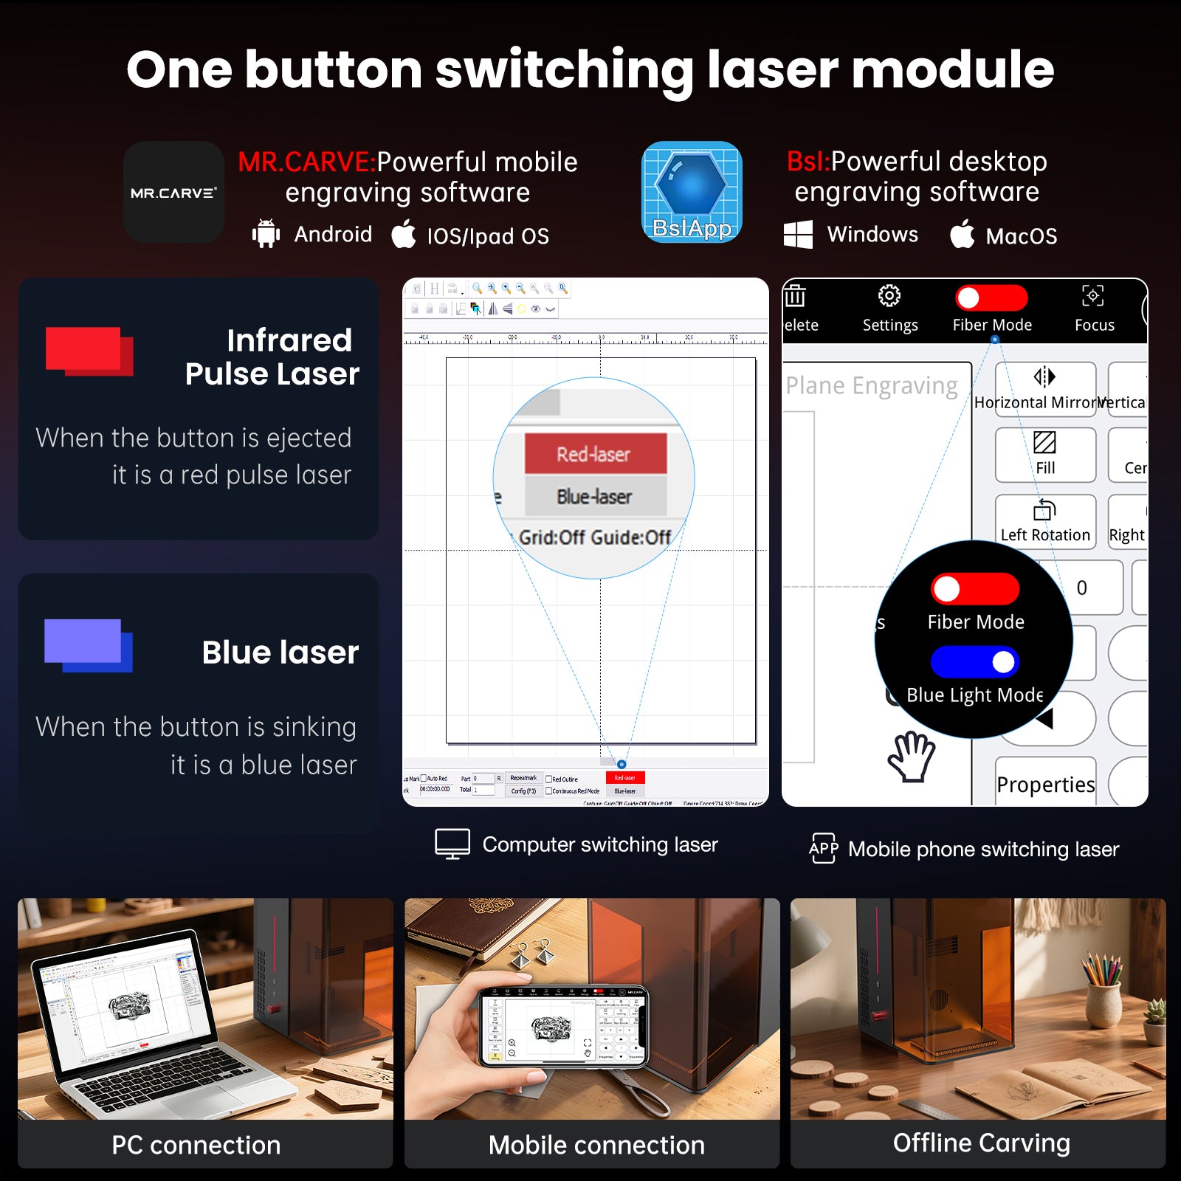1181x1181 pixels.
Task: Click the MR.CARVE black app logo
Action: click(x=173, y=193)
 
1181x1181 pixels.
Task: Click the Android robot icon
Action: click(x=266, y=234)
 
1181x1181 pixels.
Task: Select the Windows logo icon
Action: click(x=798, y=235)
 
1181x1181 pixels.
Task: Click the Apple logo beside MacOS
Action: click(x=962, y=234)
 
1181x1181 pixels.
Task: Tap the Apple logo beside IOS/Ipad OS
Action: click(x=403, y=234)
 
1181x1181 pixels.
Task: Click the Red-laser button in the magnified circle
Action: click(x=595, y=453)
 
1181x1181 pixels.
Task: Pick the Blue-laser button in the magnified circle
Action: click(x=595, y=496)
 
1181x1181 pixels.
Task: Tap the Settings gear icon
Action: click(x=889, y=296)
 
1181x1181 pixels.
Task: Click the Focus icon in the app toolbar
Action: click(x=1093, y=296)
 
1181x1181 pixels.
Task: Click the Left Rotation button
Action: click(x=1045, y=521)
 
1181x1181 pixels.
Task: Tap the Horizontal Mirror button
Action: click(x=1045, y=388)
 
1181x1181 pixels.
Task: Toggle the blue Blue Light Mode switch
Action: click(x=975, y=662)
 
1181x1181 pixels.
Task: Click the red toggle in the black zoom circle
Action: click(x=975, y=589)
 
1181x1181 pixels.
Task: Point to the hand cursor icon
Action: click(x=912, y=757)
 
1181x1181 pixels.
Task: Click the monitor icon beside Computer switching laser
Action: click(x=452, y=844)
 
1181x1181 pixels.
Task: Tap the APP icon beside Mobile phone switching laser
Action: click(x=824, y=848)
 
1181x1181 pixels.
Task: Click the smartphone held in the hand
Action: click(x=565, y=1027)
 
